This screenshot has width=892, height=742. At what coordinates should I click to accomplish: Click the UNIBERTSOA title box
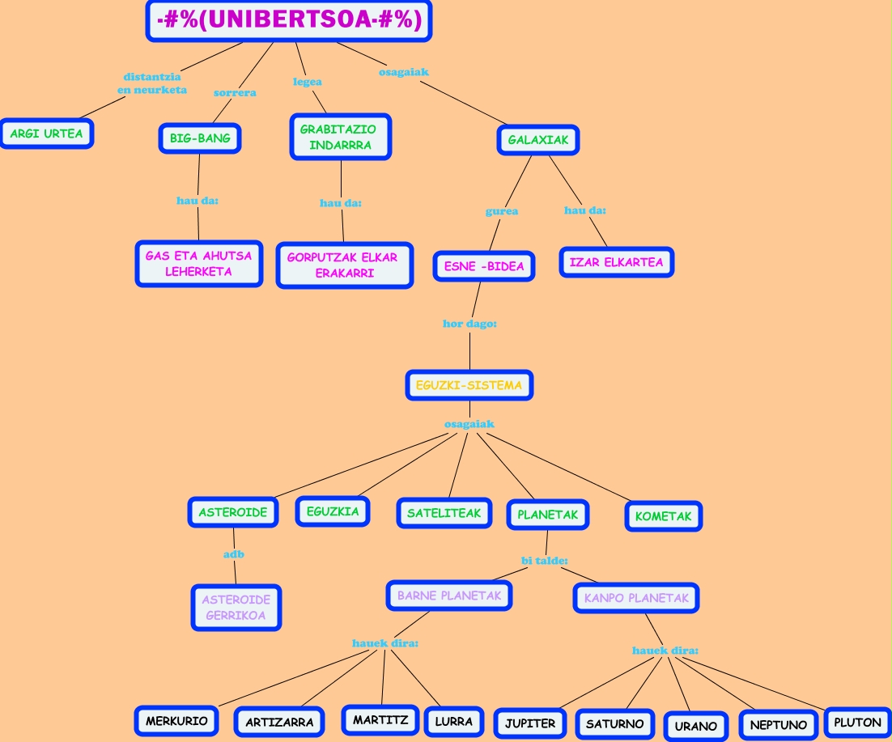289,21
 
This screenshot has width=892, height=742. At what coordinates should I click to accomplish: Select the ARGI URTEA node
47,134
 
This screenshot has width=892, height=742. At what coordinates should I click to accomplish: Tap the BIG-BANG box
200,138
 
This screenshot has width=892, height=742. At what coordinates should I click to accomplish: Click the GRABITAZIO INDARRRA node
340,138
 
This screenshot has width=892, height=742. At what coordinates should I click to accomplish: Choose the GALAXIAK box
538,140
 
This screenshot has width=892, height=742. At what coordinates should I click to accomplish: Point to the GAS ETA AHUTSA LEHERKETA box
198,264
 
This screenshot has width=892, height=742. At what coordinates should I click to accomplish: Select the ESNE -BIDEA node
484,266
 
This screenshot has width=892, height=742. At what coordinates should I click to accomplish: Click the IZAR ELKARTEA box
616,263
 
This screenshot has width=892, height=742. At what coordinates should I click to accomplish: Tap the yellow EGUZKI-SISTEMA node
469,386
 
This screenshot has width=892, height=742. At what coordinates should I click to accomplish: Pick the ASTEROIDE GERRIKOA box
236,608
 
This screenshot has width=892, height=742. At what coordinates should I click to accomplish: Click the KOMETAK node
663,516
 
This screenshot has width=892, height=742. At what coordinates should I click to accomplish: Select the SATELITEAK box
444,513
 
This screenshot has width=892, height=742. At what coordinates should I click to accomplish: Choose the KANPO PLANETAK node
636,599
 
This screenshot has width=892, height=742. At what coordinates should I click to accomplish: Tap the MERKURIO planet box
176,721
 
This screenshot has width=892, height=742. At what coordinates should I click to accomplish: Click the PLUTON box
857,723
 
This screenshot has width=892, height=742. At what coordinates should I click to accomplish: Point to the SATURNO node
614,724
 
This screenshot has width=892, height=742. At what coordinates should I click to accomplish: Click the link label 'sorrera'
235,93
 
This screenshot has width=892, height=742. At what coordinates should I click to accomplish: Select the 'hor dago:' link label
469,324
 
